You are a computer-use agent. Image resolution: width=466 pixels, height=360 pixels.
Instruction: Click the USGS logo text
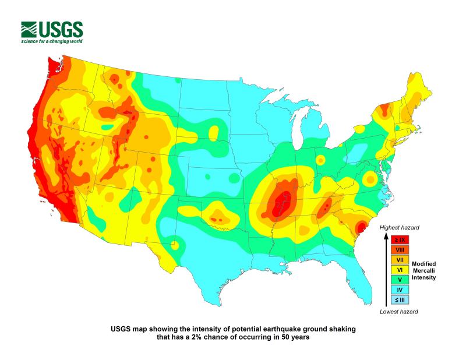click(60, 29)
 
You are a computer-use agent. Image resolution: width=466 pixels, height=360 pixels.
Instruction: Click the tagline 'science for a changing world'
click(52, 42)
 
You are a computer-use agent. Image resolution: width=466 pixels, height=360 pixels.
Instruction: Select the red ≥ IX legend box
click(400, 239)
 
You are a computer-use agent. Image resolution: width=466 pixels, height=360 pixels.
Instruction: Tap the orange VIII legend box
click(400, 249)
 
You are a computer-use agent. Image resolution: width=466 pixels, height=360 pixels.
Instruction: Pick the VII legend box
click(400, 259)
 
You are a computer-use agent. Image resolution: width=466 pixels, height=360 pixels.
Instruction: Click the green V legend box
click(400, 280)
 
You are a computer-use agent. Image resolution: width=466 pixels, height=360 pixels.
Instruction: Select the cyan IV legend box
click(400, 290)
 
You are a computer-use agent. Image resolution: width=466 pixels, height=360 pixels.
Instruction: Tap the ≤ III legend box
click(400, 299)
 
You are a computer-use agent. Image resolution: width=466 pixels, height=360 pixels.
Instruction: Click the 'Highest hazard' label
click(399, 227)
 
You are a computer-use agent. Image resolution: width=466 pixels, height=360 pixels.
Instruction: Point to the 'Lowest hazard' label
click(399, 312)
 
